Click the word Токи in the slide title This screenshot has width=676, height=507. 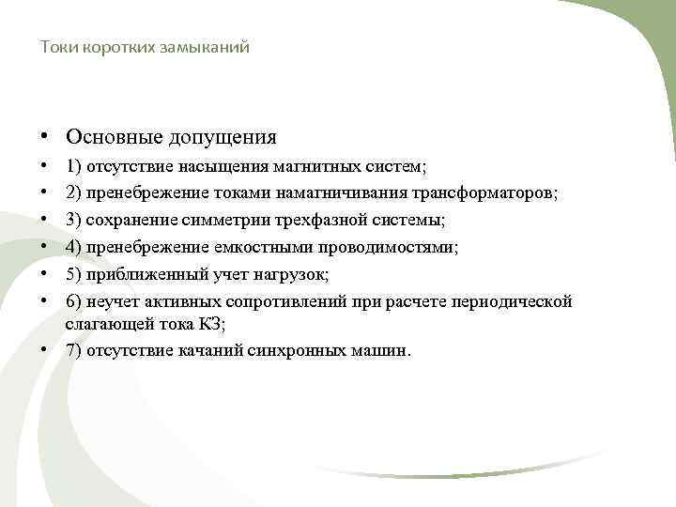click(56, 46)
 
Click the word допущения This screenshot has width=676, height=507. click(223, 137)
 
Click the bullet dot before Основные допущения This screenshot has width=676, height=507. click(45, 137)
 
